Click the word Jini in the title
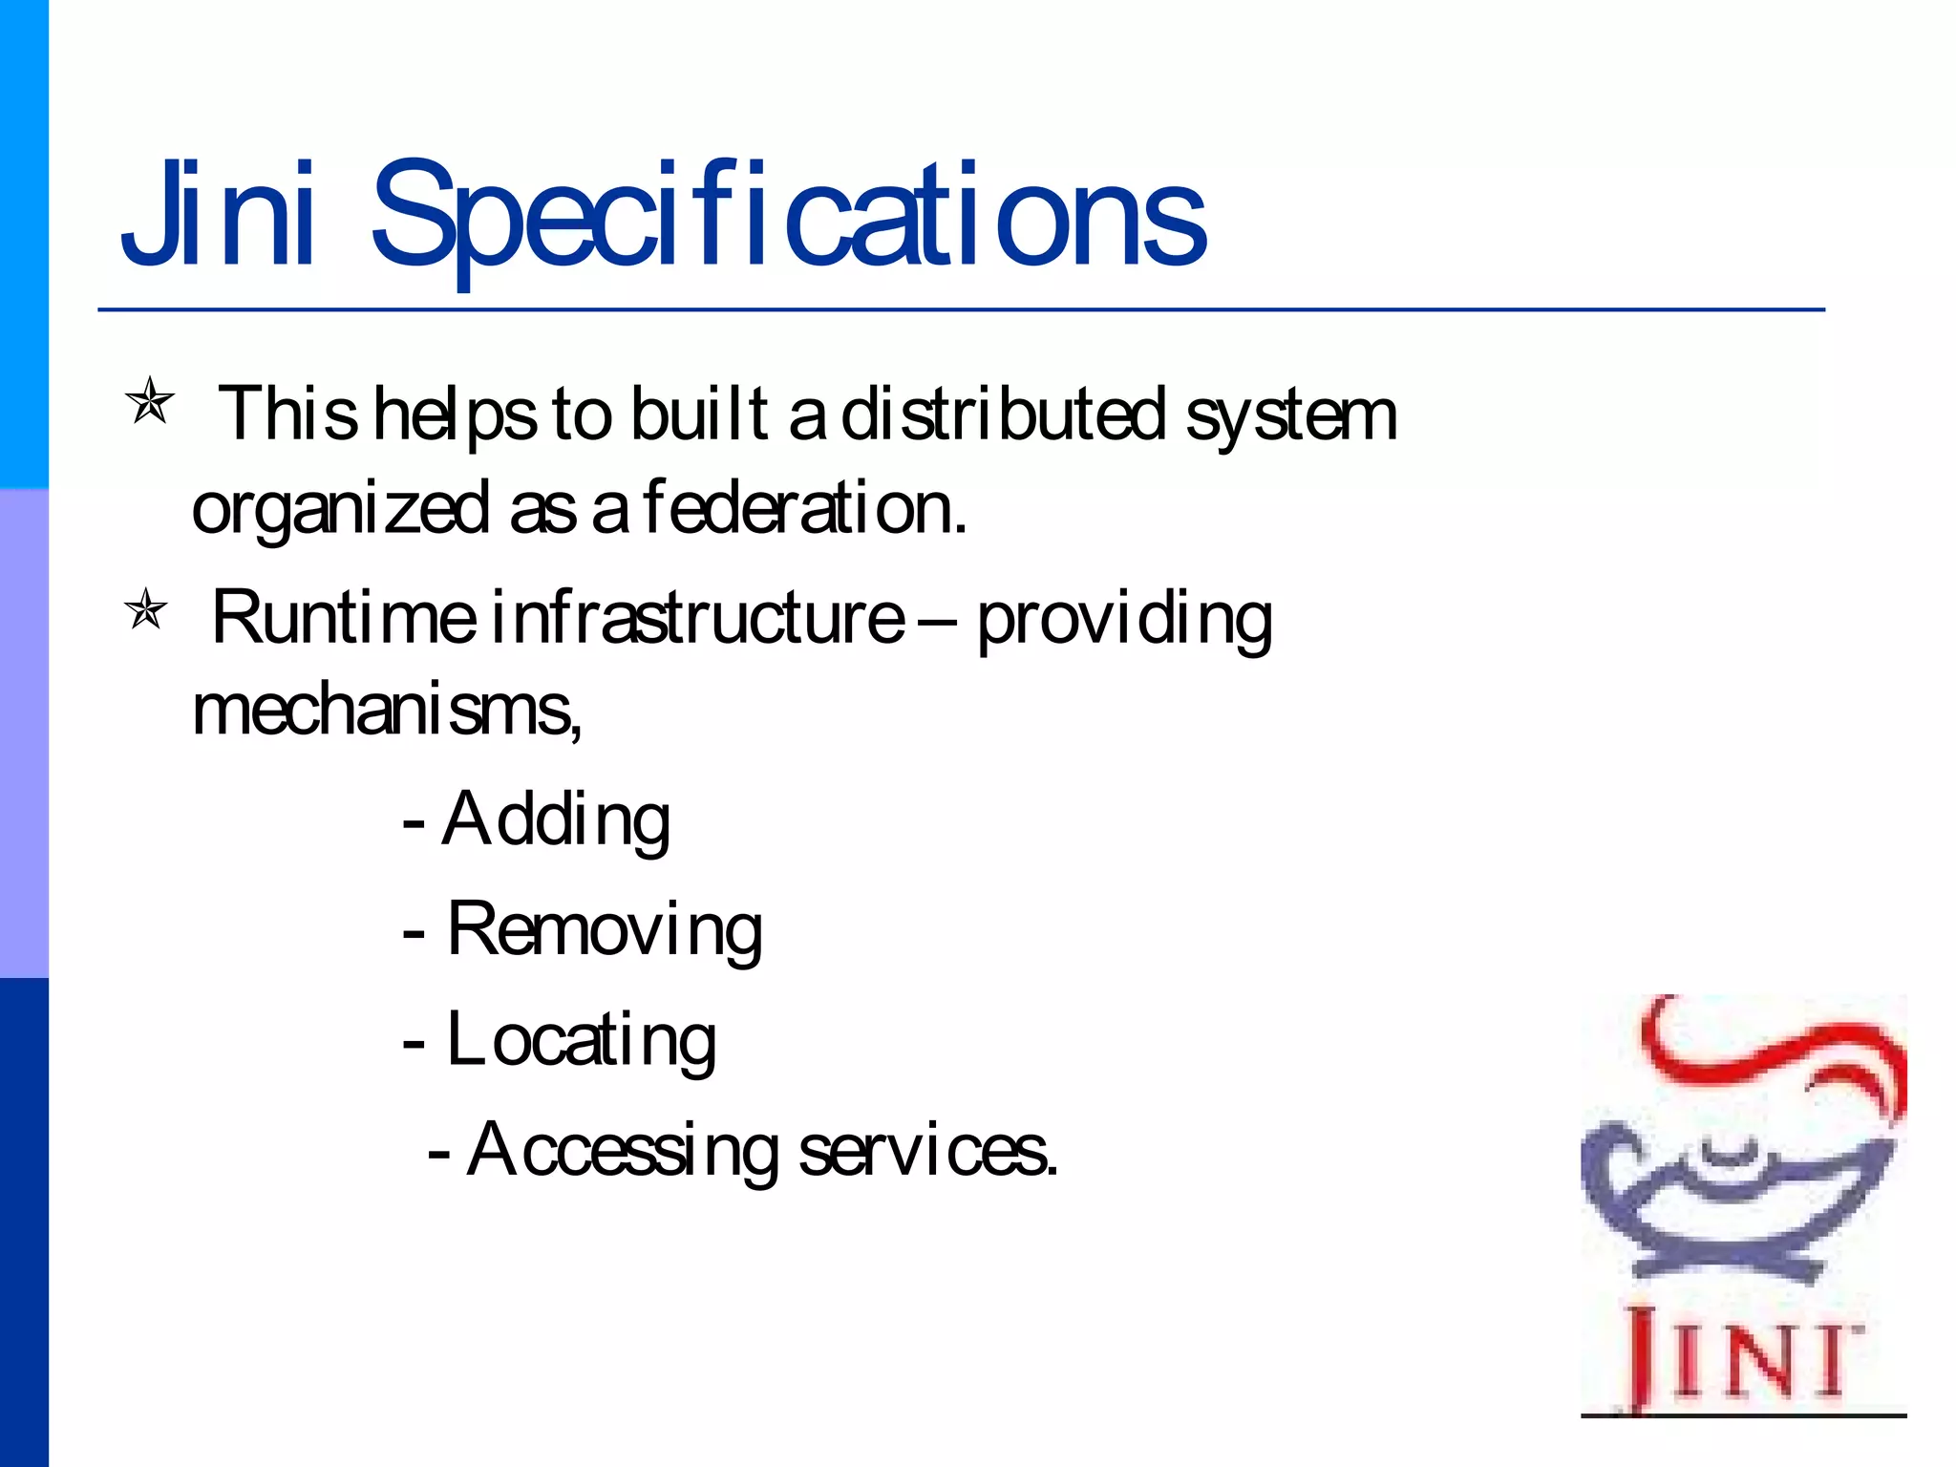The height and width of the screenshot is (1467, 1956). pos(218,214)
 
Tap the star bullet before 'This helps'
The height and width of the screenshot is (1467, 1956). pos(150,400)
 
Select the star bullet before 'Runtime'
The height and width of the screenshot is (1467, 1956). pos(146,608)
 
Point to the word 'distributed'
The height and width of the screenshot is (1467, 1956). pos(1003,415)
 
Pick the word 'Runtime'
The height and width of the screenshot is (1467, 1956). pos(343,618)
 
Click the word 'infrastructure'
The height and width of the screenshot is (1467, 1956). pos(698,618)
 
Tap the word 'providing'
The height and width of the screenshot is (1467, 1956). pos(1124,621)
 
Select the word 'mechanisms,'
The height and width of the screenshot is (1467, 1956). pos(387,711)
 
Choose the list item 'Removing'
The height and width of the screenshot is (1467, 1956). pos(605,930)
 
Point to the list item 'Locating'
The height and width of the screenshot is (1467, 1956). pos(581,1040)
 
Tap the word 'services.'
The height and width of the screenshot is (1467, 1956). pos(927,1151)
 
